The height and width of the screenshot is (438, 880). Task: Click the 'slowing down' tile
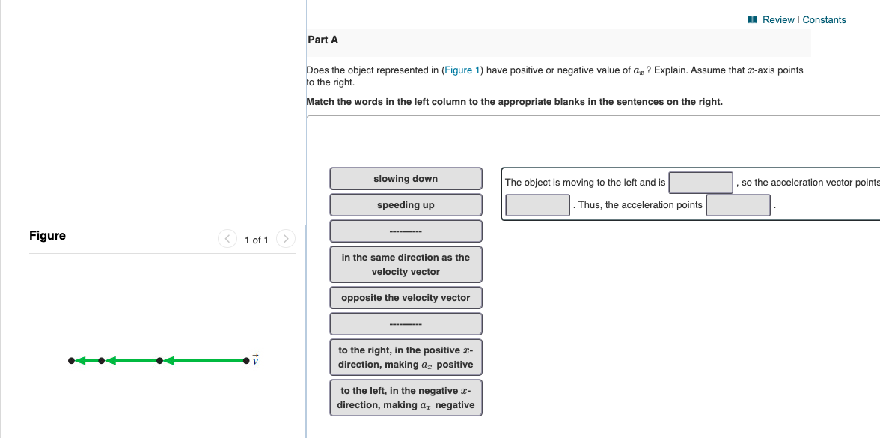(x=406, y=179)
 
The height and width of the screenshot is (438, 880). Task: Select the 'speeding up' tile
(x=406, y=205)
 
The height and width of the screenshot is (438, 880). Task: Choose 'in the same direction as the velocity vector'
(x=406, y=264)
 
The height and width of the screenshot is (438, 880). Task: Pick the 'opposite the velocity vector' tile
(x=406, y=298)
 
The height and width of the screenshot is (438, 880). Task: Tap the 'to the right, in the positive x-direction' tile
(x=406, y=357)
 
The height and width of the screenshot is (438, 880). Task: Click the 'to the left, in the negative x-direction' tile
(x=406, y=398)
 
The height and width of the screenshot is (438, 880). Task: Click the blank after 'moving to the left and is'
(x=700, y=183)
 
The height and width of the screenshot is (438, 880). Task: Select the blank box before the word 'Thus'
(x=538, y=205)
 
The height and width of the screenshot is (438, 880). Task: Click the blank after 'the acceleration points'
(x=738, y=205)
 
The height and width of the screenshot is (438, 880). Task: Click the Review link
(x=778, y=20)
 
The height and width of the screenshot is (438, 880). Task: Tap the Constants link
(x=824, y=20)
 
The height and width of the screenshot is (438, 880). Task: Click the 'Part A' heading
(x=323, y=40)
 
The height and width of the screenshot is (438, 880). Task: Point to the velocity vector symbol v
(x=255, y=360)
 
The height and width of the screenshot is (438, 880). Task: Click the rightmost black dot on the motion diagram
(x=245, y=361)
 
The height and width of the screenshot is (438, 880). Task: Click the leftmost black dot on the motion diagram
(x=71, y=361)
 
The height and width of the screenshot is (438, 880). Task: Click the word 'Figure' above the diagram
(x=47, y=236)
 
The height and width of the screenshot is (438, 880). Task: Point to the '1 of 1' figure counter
(x=256, y=240)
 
